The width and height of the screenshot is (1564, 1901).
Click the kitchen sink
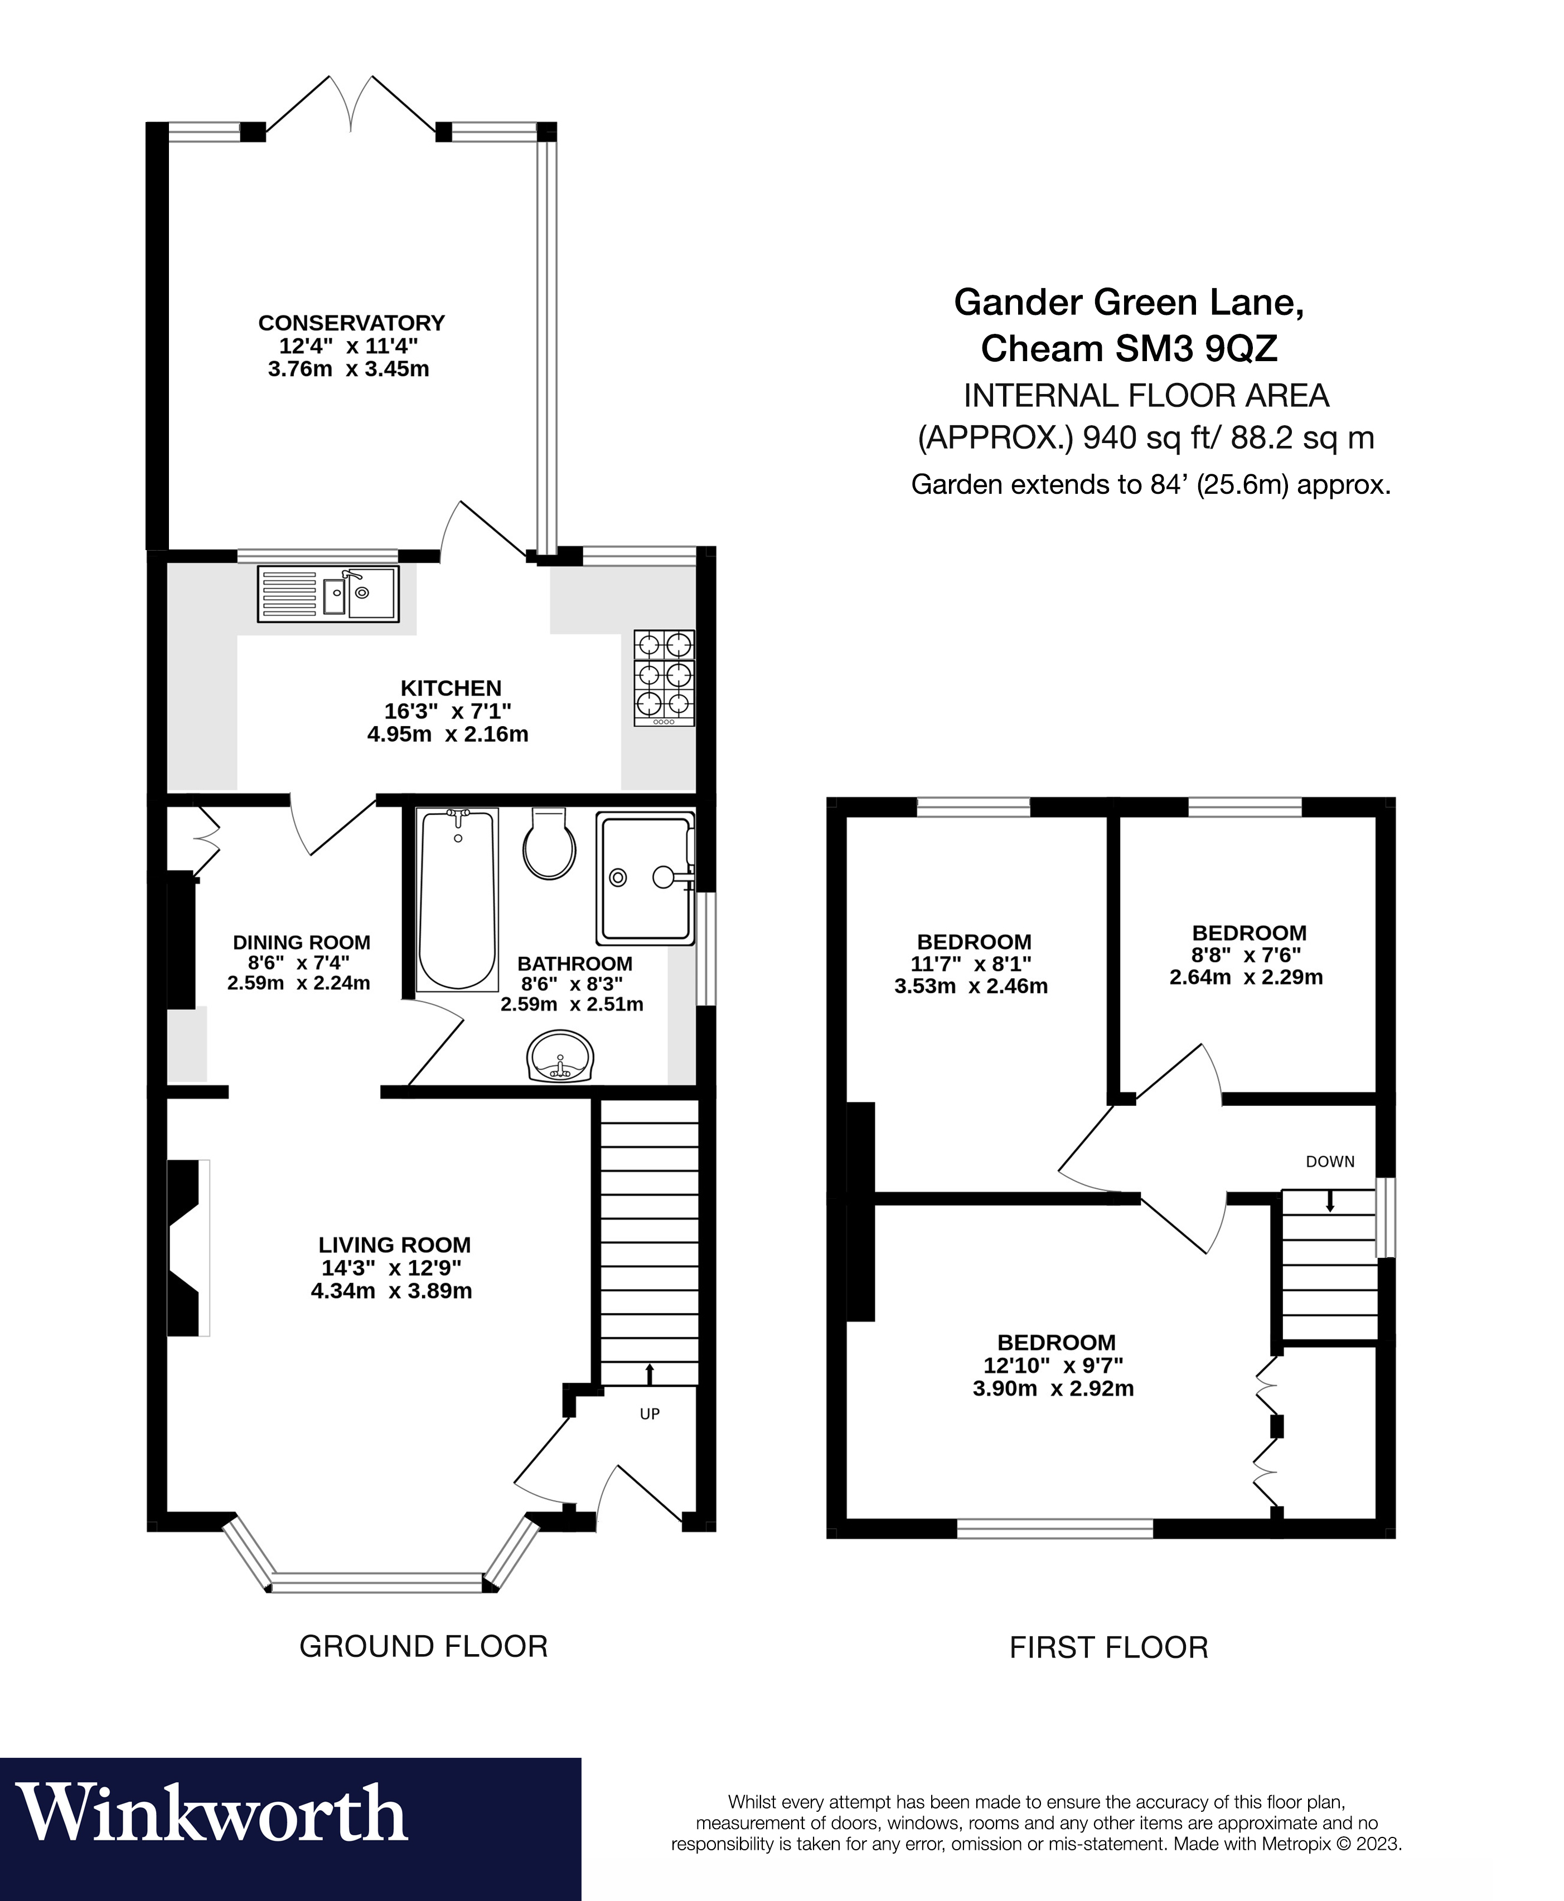328,594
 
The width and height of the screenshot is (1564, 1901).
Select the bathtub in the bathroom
458,899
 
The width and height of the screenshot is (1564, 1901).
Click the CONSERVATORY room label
351,322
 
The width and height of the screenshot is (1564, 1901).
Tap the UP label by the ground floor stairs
650,1414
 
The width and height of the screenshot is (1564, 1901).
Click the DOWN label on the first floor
1330,1161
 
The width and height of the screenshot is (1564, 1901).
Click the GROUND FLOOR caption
423,1646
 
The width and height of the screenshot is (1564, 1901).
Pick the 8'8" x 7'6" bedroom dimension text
1247,955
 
